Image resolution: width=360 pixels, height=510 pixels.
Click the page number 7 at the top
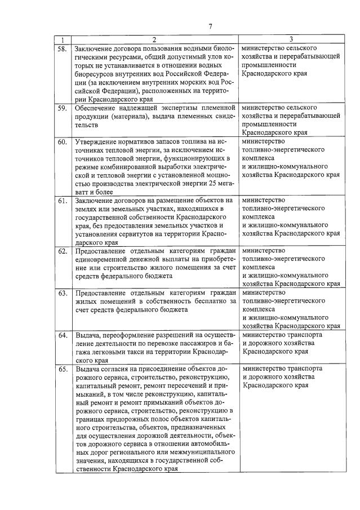tap(210, 26)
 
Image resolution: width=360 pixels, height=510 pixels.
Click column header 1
tap(63, 39)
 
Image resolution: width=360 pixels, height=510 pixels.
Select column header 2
tap(154, 39)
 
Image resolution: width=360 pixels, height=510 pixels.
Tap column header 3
tap(291, 39)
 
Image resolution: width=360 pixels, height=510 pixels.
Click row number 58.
tap(63, 49)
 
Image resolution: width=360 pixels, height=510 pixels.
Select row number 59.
tap(63, 108)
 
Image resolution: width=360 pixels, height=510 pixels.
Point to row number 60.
tap(63, 142)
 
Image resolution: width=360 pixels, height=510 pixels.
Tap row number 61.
tap(63, 201)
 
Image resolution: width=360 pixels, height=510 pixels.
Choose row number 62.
tap(63, 251)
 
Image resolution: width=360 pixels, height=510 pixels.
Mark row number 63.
tap(63, 293)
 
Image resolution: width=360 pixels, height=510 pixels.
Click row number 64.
tap(63, 335)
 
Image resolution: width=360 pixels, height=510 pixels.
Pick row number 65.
tap(63, 369)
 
